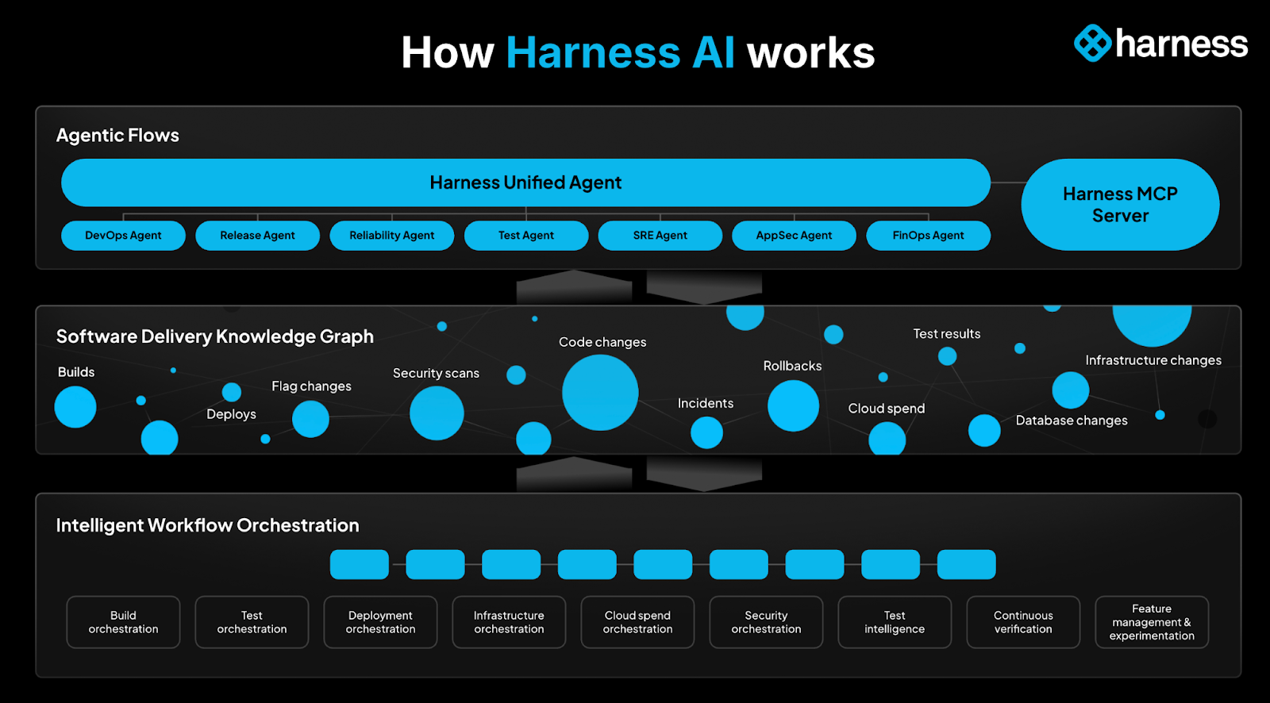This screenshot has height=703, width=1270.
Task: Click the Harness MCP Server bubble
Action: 1119,205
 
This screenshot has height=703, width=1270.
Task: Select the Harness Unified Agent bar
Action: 525,182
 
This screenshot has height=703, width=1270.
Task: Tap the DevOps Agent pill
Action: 123,236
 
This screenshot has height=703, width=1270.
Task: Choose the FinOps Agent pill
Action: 928,236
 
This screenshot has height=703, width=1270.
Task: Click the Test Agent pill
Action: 526,236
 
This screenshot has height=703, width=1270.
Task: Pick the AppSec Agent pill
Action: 794,236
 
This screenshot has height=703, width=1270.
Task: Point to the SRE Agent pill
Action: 660,236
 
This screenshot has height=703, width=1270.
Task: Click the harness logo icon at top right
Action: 1093,43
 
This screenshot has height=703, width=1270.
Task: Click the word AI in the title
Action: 714,53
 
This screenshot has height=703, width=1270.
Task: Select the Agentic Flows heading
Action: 117,136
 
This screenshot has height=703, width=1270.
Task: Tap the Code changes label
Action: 602,342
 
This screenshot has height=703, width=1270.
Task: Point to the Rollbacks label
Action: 792,366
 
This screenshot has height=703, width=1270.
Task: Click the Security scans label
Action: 436,373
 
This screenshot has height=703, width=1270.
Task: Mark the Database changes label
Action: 1072,421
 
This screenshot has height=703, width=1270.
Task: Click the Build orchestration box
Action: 123,622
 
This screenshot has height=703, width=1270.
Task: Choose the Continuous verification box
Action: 1023,622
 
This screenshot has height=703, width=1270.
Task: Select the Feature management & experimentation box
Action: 1152,622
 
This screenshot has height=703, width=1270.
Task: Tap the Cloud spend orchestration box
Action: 637,622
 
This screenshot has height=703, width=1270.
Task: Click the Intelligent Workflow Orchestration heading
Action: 207,525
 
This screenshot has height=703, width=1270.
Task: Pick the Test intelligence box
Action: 895,622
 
